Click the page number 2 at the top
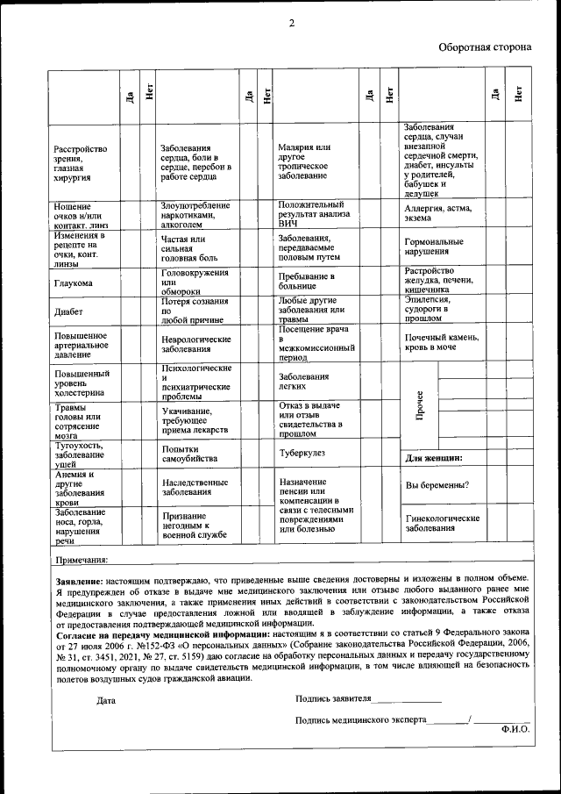[291, 23]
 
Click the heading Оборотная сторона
[484, 46]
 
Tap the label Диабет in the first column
[68, 311]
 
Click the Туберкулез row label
[302, 453]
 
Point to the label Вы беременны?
[437, 485]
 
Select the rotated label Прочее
[420, 404]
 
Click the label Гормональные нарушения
[434, 247]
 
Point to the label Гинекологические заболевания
[442, 524]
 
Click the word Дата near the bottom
[106, 700]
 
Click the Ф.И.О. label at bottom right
[515, 728]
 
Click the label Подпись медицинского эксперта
[361, 719]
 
